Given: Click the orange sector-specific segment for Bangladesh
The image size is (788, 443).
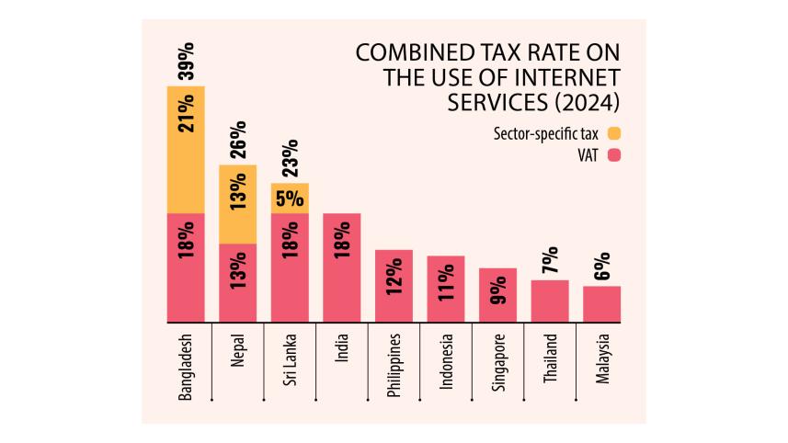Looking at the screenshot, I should click(x=186, y=150).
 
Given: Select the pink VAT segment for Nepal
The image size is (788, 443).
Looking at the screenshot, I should click(x=237, y=283).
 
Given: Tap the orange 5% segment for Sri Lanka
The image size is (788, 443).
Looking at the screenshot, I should click(x=290, y=199).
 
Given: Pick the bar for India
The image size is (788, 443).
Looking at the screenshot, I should click(x=341, y=267).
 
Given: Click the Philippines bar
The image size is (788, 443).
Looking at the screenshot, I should click(x=394, y=286).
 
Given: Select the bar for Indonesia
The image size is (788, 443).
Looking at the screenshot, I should click(x=446, y=289).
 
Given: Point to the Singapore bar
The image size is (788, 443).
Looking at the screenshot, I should click(x=497, y=295).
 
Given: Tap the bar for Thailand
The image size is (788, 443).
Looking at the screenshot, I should click(x=550, y=301).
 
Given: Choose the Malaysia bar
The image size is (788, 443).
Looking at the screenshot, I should click(x=602, y=303).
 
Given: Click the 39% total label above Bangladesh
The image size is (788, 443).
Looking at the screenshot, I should click(x=186, y=62).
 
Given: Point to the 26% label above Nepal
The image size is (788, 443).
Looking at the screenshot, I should click(x=238, y=140).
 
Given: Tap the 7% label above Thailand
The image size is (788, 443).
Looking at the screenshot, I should click(x=550, y=261).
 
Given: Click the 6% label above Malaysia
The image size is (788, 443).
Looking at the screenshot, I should click(x=602, y=267).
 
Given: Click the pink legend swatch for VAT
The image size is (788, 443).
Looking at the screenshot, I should click(x=614, y=156).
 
